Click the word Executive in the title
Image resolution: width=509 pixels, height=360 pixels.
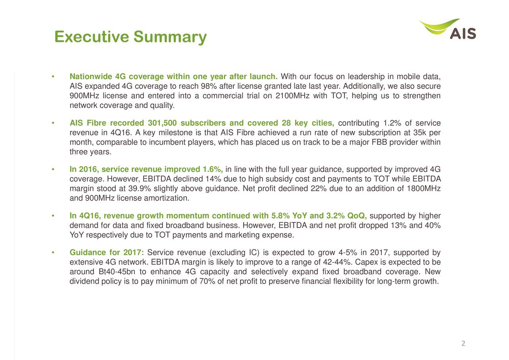[x=91, y=37]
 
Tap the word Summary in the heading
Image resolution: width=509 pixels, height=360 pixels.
[x=170, y=37]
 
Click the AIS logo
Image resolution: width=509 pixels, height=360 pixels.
[x=447, y=29]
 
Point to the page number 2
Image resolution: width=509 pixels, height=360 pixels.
[x=463, y=343]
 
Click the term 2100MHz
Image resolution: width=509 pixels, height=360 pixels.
[x=292, y=96]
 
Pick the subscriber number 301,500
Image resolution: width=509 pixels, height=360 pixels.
[x=162, y=123]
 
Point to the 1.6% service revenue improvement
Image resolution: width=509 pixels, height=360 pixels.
[x=213, y=169]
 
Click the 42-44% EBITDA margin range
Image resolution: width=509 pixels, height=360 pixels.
[x=336, y=262]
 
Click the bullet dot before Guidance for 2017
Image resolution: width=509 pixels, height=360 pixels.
[x=53, y=253]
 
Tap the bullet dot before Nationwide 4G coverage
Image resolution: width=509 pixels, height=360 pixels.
[x=53, y=77]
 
